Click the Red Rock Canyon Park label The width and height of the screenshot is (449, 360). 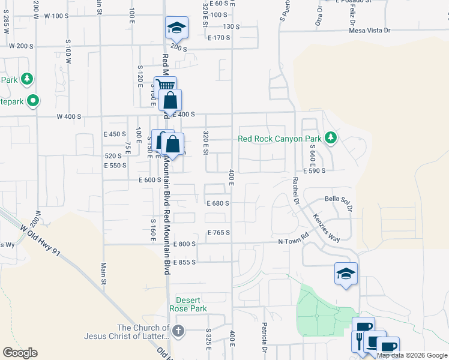(280, 139)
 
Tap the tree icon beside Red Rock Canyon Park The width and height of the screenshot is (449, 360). (330, 138)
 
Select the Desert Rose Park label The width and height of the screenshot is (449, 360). (191, 304)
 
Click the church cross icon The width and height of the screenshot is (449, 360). (178, 331)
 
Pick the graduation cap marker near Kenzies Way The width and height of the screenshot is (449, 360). (346, 274)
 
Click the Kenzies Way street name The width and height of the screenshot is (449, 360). (327, 229)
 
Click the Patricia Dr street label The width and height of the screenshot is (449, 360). (264, 338)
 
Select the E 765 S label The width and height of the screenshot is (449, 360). (218, 232)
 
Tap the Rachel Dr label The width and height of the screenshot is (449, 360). (295, 191)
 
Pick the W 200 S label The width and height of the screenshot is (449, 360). (20, 46)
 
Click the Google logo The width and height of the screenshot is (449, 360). (20, 353)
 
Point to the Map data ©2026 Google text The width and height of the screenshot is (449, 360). (412, 355)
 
